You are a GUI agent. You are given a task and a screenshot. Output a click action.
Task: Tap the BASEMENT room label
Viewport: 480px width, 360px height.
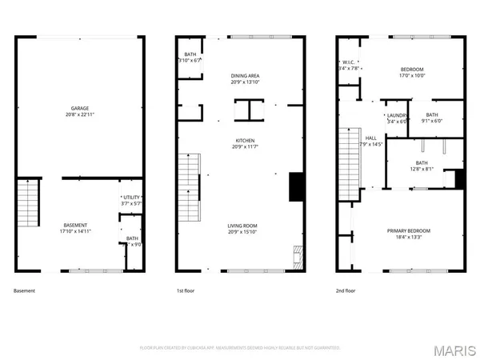(x=75, y=225)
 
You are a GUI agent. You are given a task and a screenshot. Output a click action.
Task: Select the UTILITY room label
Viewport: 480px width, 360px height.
(x=130, y=197)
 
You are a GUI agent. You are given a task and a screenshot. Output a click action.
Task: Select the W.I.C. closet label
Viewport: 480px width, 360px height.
(x=348, y=62)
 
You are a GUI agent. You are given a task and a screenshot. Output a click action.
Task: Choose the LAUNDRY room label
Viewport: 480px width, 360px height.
(x=398, y=115)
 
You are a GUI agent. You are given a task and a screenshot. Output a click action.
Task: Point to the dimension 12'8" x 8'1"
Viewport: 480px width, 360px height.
(x=422, y=169)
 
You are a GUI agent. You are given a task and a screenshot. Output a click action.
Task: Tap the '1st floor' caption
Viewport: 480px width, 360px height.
(x=186, y=290)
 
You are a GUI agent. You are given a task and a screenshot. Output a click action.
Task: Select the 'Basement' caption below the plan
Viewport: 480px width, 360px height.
(x=25, y=290)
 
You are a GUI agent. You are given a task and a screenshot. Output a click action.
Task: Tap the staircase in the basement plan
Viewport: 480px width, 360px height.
(x=27, y=204)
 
